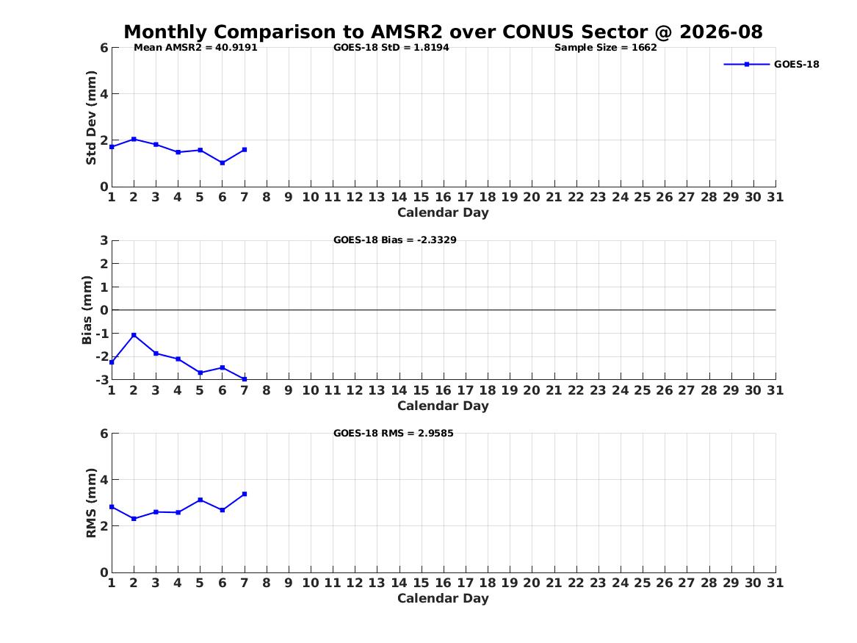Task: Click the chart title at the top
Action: [443, 32]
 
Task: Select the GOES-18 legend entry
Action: [771, 65]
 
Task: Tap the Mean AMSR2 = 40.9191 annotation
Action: [195, 48]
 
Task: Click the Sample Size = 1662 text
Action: [606, 48]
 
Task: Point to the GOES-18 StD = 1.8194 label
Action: [391, 48]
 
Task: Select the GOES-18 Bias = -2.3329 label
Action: [394, 240]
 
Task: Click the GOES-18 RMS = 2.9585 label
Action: [394, 433]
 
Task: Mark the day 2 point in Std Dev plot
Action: [134, 140]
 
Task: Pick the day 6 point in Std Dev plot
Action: [223, 163]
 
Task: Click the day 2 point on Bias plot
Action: [134, 335]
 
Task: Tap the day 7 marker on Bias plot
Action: [245, 379]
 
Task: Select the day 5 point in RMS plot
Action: [200, 500]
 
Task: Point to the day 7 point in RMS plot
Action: [245, 494]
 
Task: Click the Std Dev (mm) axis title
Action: [91, 118]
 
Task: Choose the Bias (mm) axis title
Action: [87, 310]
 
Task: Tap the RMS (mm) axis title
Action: [91, 503]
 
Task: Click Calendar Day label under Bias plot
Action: [443, 406]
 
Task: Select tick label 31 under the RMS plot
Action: [775, 583]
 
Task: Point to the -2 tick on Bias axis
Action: [101, 356]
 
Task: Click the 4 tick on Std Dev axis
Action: [104, 94]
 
